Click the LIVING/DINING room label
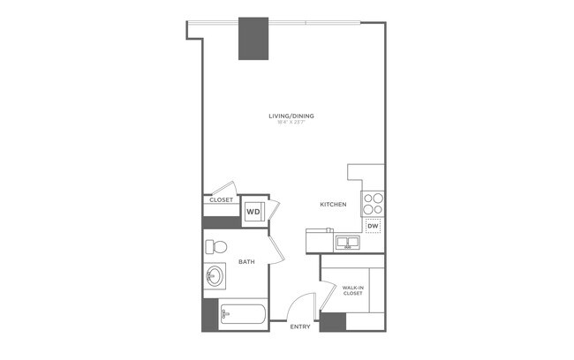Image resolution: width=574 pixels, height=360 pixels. [292, 116]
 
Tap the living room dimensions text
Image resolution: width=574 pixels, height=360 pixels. [292, 124]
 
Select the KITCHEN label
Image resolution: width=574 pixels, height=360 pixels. [333, 205]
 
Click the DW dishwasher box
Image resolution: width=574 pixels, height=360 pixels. [373, 225]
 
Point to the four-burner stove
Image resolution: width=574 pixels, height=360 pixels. [374, 203]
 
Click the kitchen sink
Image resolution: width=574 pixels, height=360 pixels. [346, 241]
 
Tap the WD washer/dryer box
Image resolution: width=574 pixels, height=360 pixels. [253, 212]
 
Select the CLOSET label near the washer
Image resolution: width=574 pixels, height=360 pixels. [221, 200]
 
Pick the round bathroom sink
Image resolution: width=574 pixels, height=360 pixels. [215, 277]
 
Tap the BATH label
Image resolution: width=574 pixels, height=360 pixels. [246, 262]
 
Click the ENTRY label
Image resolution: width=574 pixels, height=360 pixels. [299, 327]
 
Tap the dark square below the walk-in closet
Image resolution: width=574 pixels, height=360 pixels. [332, 321]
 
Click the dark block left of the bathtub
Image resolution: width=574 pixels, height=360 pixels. [210, 314]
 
